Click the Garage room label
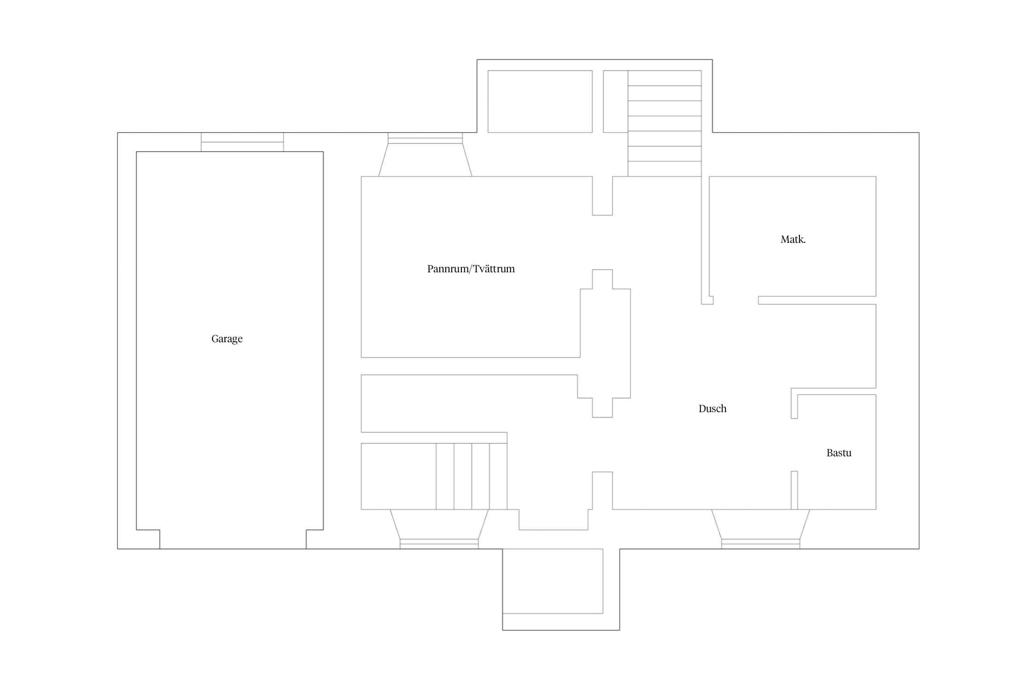pos(227,339)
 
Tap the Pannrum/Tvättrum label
pos(471,269)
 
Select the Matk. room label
pos(793,239)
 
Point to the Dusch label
pos(713,408)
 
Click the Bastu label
pos(839,453)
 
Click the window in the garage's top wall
pos(242,142)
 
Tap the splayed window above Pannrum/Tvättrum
pos(425,155)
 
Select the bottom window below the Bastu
pos(760,529)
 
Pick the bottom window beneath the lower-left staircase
pos(439,529)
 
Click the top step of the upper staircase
pos(665,78)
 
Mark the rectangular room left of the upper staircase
pos(540,101)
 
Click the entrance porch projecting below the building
pos(561,589)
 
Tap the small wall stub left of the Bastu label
pos(794,490)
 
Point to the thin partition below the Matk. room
pos(817,300)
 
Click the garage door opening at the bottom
pos(233,549)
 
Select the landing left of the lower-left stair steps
pos(398,476)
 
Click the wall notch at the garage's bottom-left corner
pos(148,539)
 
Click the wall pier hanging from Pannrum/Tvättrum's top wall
pos(603,195)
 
